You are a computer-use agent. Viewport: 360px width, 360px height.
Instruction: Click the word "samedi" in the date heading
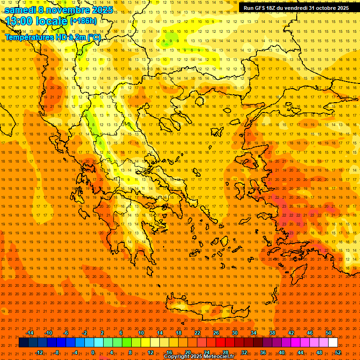point(20,10)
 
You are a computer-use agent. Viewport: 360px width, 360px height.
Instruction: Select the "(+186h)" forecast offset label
point(83,21)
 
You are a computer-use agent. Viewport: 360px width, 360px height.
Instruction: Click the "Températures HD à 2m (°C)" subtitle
point(52,37)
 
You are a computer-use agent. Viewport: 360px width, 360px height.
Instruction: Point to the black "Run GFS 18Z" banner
point(296,8)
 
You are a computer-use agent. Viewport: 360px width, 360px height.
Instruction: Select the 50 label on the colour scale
point(329,333)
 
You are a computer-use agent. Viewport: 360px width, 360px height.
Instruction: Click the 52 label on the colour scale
point(338,352)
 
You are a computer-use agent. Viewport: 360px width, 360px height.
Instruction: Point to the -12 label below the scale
point(39,352)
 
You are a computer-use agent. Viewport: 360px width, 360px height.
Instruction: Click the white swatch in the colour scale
point(333,343)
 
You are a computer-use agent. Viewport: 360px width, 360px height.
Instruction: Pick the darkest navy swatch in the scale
point(23,343)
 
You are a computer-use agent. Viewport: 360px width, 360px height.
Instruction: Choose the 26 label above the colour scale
point(216,333)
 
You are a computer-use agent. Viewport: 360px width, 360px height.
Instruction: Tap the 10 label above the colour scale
point(141,333)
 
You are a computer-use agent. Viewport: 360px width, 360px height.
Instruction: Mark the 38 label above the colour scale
point(272,333)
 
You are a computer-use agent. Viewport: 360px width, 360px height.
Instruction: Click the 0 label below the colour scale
point(93,352)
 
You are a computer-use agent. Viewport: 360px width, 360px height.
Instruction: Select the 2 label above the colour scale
point(102,333)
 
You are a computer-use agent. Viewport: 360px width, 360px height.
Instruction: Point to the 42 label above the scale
point(291,333)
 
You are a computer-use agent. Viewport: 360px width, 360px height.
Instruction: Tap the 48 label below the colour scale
point(319,352)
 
